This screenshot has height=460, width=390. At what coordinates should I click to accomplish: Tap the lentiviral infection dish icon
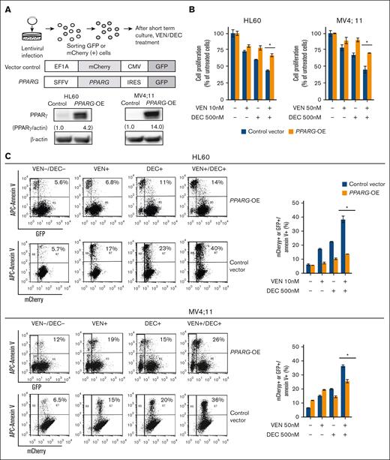click(22, 25)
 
